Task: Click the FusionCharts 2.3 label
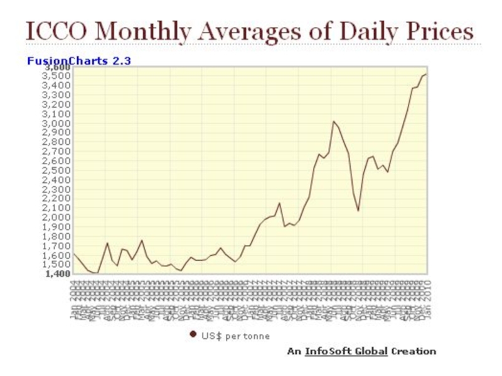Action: click(x=78, y=61)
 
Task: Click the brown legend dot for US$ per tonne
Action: click(x=193, y=335)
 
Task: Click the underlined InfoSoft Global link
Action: click(x=346, y=352)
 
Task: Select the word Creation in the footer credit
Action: click(x=413, y=352)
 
